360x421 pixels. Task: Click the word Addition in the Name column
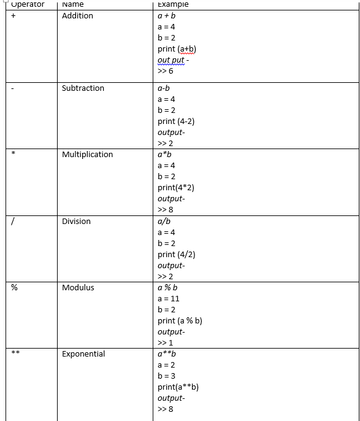(77, 15)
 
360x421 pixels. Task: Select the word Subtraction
(83, 88)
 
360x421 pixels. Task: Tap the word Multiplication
(87, 154)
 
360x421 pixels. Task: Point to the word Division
(76, 221)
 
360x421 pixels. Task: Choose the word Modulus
(78, 287)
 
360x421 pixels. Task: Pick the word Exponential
(83, 353)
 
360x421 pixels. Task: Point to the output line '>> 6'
(165, 71)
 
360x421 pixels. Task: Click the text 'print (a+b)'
(177, 49)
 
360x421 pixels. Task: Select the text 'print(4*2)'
(175, 188)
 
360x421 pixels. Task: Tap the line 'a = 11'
(169, 298)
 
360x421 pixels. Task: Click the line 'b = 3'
(167, 376)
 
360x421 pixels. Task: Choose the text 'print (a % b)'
(180, 320)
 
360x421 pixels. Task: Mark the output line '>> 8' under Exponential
(165, 409)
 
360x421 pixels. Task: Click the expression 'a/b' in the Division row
(164, 221)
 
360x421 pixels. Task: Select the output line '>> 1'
(165, 342)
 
